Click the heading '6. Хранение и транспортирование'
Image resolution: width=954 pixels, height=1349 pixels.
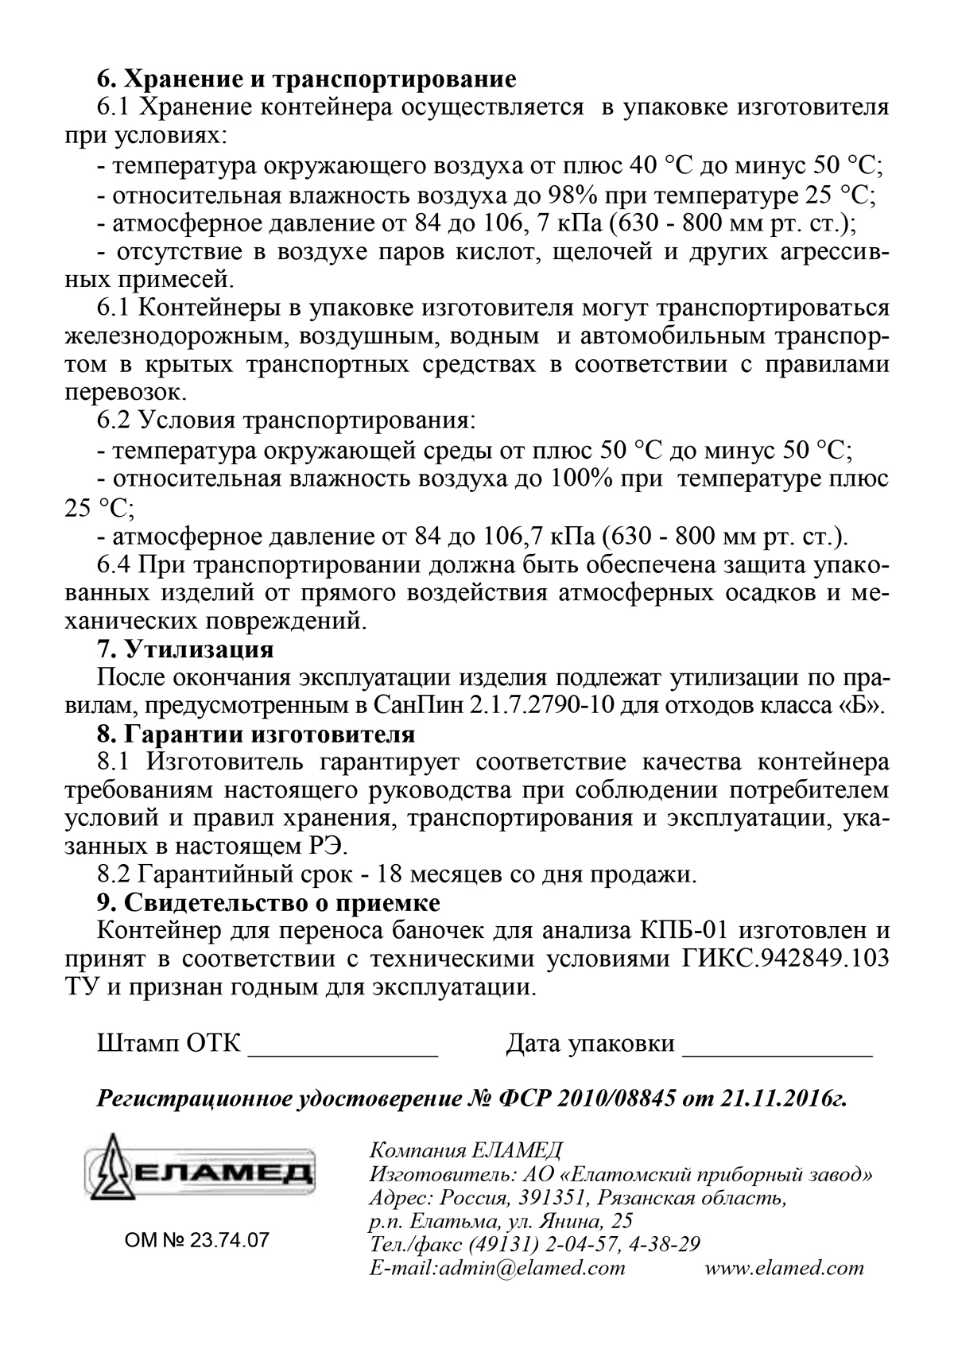[x=306, y=79]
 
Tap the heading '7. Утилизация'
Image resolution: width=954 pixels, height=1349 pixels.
[x=184, y=649]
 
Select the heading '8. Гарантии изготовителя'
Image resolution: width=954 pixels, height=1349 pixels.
[x=255, y=733]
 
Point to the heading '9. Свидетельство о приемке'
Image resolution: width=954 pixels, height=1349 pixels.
[x=268, y=903]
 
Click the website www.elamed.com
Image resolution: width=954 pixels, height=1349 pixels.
[x=784, y=1268]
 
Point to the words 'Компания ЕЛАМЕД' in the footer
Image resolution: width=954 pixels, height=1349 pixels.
[x=466, y=1150]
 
